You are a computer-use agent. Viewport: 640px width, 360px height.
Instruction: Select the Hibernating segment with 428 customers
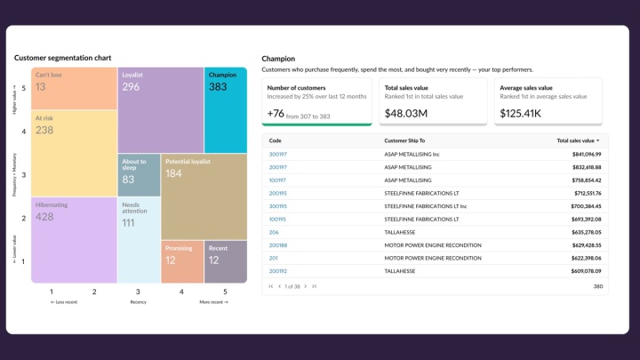(x=73, y=238)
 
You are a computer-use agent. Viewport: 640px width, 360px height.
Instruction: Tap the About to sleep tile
(x=139, y=175)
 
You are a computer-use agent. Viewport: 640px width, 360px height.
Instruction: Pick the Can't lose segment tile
(x=73, y=88)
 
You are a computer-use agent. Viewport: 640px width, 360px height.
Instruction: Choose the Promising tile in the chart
(x=181, y=261)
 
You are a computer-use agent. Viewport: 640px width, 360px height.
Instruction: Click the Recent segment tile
(x=225, y=261)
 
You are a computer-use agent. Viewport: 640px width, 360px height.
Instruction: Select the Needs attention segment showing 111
(x=139, y=238)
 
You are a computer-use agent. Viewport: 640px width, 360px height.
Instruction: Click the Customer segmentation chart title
(x=62, y=58)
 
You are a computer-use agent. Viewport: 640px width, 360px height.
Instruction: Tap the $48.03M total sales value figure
(x=406, y=113)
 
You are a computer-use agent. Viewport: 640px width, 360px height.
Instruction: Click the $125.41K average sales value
(x=521, y=113)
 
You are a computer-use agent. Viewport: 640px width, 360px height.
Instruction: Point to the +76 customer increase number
(x=276, y=113)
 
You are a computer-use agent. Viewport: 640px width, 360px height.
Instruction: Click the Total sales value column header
(x=577, y=140)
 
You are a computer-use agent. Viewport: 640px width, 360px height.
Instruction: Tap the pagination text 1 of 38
(x=293, y=286)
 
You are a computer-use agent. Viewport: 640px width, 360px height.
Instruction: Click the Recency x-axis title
(x=138, y=302)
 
